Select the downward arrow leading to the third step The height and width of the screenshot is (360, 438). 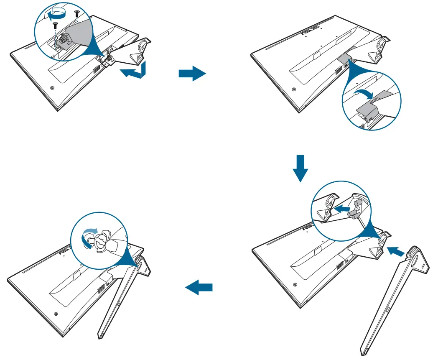coord(300,169)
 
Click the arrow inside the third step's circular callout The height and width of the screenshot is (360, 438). coord(341,207)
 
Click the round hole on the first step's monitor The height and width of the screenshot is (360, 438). coord(52,88)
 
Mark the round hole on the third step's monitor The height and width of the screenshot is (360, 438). coord(296,284)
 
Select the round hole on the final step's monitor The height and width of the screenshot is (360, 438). coord(56,313)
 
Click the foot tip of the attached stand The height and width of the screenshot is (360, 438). coord(100,336)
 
